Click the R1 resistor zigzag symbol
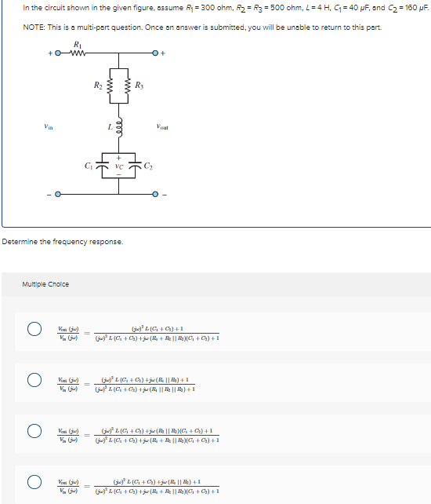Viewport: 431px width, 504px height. (78, 54)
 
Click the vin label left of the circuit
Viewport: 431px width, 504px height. (49, 126)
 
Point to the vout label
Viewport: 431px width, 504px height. (162, 126)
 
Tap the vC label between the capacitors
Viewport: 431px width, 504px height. (118, 167)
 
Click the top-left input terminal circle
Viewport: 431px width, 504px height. (57, 54)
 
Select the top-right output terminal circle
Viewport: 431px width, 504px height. (156, 54)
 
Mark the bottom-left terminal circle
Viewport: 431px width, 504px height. (57, 192)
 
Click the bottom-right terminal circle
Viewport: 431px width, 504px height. (156, 192)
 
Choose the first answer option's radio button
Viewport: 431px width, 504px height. (34, 332)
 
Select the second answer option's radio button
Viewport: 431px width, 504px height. (34, 382)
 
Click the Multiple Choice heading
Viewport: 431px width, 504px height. (45, 284)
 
